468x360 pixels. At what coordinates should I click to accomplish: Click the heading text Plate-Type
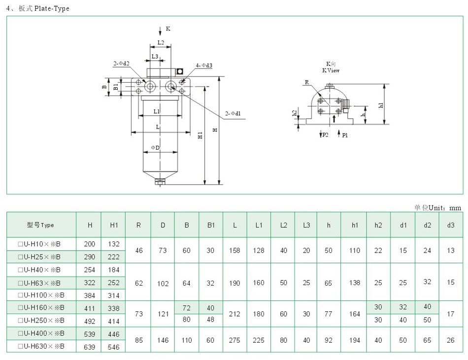click(x=52, y=9)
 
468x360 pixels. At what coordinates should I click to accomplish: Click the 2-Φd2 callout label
click(x=121, y=64)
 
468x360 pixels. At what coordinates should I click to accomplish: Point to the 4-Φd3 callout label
click(x=203, y=65)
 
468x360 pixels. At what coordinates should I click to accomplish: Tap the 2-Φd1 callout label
click(x=233, y=114)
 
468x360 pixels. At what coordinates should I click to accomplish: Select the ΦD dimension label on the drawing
click(x=155, y=148)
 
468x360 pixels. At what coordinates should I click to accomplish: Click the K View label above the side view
click(x=331, y=70)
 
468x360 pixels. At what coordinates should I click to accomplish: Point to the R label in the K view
click(x=306, y=83)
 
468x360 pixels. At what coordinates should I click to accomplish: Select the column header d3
click(x=451, y=225)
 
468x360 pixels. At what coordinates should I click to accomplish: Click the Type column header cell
click(x=41, y=225)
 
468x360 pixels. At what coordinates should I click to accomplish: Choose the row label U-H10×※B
click(x=39, y=244)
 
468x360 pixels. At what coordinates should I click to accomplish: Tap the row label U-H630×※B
click(x=41, y=347)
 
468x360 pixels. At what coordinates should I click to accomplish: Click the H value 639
click(x=90, y=347)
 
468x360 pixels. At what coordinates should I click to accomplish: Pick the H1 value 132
click(x=114, y=244)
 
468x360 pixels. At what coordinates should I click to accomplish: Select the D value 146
click(x=163, y=340)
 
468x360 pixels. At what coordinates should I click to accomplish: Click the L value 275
click(x=235, y=340)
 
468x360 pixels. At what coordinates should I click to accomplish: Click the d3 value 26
click(x=451, y=340)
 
